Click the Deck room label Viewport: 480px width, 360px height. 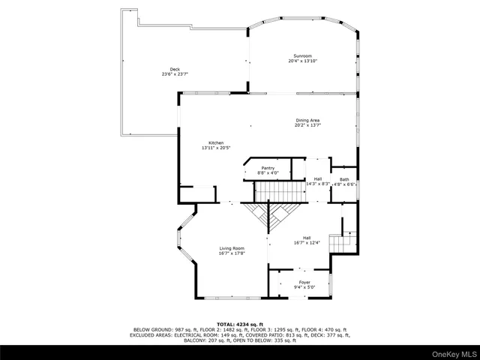(x=175, y=70)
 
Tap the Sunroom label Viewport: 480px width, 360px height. (x=302, y=56)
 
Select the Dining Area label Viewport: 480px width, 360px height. (x=307, y=120)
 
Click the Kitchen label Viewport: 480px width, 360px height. (x=216, y=142)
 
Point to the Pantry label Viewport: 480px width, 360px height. (x=268, y=168)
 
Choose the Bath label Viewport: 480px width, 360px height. (x=344, y=179)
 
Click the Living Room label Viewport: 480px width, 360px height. (x=232, y=248)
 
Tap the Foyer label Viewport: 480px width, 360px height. (x=304, y=282)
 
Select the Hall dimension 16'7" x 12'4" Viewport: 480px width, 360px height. (x=306, y=242)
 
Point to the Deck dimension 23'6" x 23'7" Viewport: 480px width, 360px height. (x=175, y=74)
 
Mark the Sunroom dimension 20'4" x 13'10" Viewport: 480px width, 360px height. (x=302, y=61)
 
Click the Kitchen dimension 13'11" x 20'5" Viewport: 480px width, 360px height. (x=216, y=148)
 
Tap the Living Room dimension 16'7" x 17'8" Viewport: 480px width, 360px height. (x=232, y=253)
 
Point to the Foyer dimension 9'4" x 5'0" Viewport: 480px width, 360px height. (x=304, y=287)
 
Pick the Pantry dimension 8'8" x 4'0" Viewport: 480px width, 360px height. (x=268, y=173)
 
